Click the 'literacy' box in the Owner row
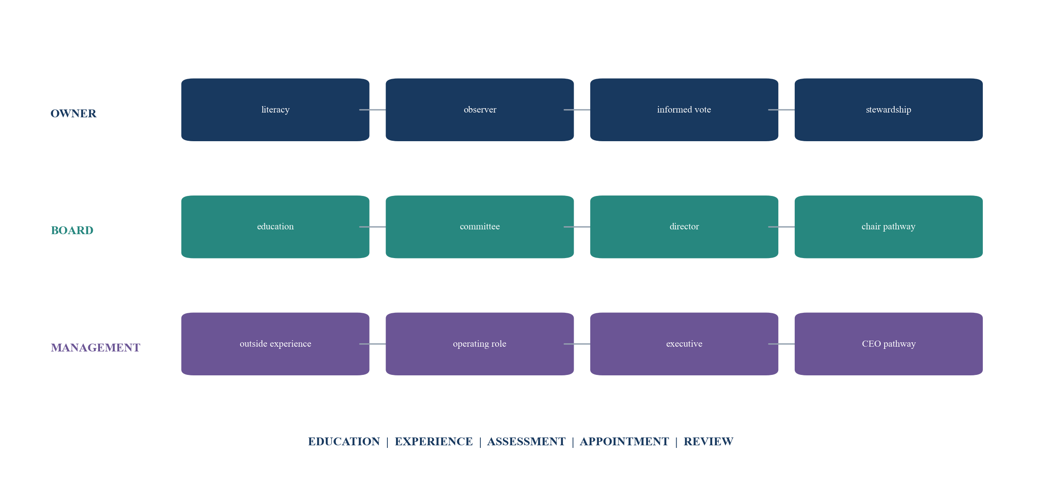point(275,109)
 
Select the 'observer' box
point(480,109)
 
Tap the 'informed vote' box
point(684,109)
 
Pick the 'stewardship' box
point(889,109)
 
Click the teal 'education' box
point(275,227)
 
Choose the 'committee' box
point(480,227)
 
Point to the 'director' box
point(684,227)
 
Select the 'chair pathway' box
point(889,227)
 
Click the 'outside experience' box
point(275,344)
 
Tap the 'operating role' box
point(480,344)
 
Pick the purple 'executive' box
point(684,344)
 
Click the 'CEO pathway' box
point(889,344)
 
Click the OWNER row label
point(73,113)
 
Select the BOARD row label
point(72,230)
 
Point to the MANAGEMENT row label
point(96,348)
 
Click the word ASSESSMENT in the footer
point(526,441)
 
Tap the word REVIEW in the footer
point(708,441)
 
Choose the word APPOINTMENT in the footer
point(625,441)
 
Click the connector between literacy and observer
point(373,110)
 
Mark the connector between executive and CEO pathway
point(781,344)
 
